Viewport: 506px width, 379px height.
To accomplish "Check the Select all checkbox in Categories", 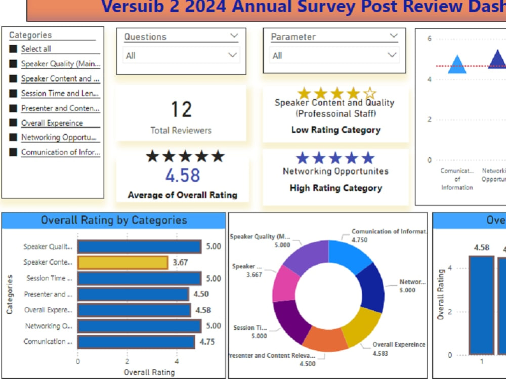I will pyautogui.click(x=13, y=49).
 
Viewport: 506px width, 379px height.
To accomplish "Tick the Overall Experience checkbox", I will pyautogui.click(x=13, y=123).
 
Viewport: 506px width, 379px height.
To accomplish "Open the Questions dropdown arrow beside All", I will pyautogui.click(x=232, y=55).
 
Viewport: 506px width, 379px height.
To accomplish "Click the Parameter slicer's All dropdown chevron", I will pyautogui.click(x=392, y=55).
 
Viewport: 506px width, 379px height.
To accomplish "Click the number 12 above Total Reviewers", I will pyautogui.click(x=181, y=110).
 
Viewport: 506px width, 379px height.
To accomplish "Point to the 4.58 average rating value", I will pyautogui.click(x=183, y=176).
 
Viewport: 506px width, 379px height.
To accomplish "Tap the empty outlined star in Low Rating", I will pyautogui.click(x=370, y=93).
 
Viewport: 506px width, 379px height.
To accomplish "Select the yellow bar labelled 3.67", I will pyautogui.click(x=122, y=262).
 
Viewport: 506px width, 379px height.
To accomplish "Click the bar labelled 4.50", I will pyautogui.click(x=133, y=294).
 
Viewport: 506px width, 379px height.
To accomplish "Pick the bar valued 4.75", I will pyautogui.click(x=136, y=342).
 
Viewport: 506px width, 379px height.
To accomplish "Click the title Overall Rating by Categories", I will pyautogui.click(x=114, y=220).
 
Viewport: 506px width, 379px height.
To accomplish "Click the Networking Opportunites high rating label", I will pyautogui.click(x=335, y=171).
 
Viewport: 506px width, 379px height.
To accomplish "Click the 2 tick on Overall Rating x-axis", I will pyautogui.click(x=127, y=362).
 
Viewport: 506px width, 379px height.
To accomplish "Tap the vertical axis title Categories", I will pyautogui.click(x=10, y=294).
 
